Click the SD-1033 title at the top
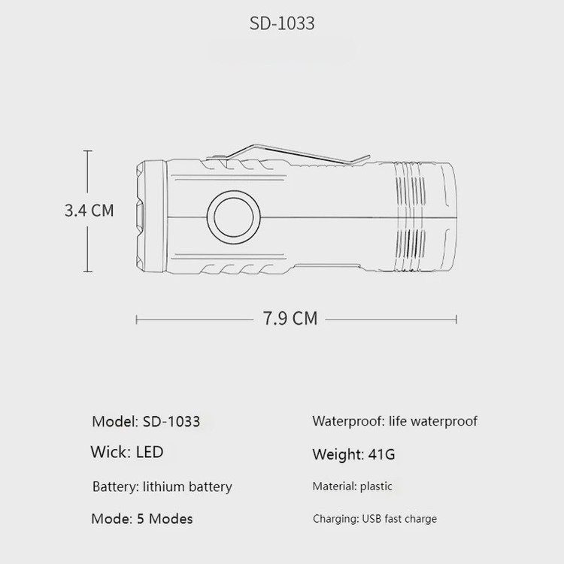point(282,23)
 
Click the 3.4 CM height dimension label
point(89,211)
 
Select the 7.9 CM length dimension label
point(290,318)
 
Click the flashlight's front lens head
point(151,216)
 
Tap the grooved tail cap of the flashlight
point(424,217)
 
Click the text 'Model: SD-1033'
point(146,422)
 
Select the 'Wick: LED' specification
point(127,452)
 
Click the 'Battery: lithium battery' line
point(162,487)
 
